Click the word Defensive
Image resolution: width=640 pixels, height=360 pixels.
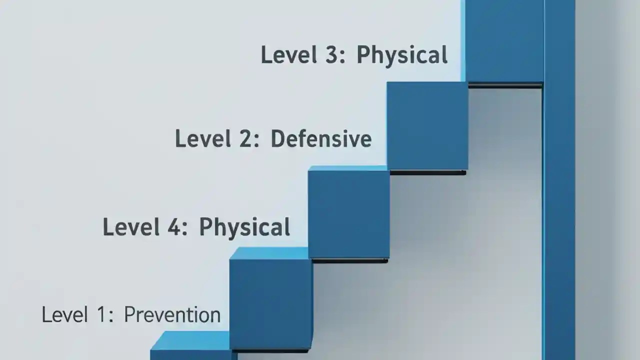[x=321, y=138]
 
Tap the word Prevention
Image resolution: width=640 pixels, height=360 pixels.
[x=172, y=315]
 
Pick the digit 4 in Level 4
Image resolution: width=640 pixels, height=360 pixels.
[x=172, y=227]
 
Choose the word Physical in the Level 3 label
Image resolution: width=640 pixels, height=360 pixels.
[x=401, y=55]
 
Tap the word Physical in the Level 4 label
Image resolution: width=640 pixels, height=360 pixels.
[x=244, y=227]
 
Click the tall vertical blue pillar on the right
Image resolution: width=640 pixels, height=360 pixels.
[x=559, y=200]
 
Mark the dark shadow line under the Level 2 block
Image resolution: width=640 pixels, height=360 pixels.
[x=427, y=173]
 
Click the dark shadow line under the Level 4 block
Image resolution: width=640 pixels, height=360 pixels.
[x=349, y=260]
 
